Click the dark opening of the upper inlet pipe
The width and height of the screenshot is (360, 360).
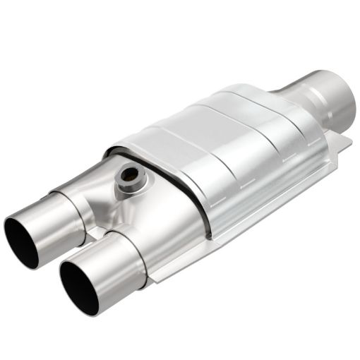click(x=21, y=241)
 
